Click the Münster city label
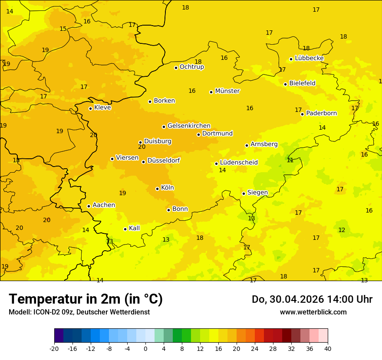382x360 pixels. (x=227, y=91)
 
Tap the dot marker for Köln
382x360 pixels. (x=157, y=189)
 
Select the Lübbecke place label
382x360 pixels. (x=309, y=58)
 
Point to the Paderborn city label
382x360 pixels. (x=321, y=113)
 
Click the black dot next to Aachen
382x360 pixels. (x=89, y=206)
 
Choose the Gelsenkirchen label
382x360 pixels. (x=189, y=126)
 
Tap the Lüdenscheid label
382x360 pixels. (x=239, y=163)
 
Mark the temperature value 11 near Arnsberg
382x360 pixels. (x=290, y=160)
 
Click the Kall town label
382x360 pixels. (x=134, y=228)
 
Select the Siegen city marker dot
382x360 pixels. (x=244, y=193)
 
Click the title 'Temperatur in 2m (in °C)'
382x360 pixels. (x=86, y=299)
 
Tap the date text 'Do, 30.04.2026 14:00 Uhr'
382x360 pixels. (x=312, y=299)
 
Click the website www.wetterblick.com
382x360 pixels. (x=313, y=312)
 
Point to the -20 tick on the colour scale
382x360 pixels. (x=54, y=348)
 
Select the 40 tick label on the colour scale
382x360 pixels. (x=328, y=348)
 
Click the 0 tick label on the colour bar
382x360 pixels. (x=145, y=348)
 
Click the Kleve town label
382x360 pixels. (x=102, y=107)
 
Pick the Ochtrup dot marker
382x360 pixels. (x=176, y=67)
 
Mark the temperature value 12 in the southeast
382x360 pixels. (x=342, y=230)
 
